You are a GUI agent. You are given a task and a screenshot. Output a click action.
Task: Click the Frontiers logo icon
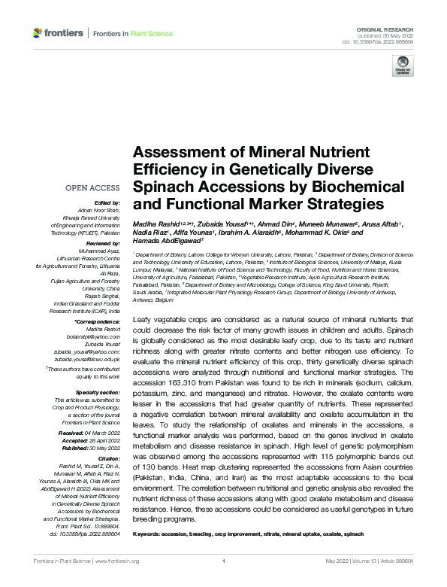tap(38, 33)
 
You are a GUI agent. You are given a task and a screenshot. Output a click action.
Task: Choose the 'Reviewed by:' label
tap(101, 244)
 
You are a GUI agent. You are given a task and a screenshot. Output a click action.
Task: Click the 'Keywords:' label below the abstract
tap(150, 534)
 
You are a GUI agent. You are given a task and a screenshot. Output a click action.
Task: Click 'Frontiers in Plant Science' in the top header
tap(133, 33)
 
